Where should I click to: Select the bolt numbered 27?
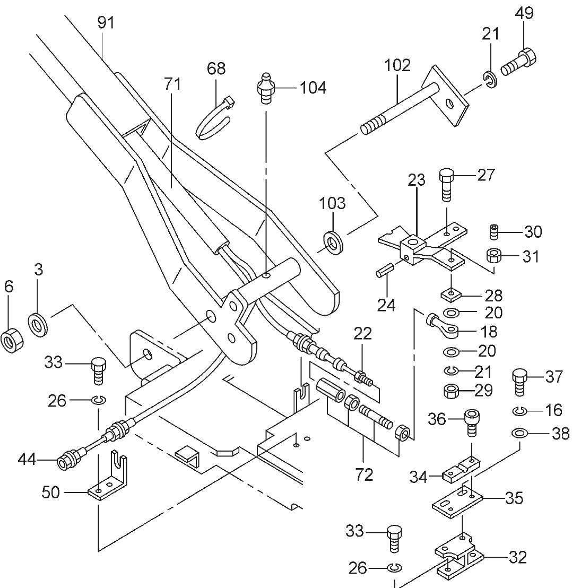[446, 184]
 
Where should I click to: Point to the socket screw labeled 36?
[471, 421]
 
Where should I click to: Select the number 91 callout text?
[106, 23]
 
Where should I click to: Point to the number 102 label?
[397, 65]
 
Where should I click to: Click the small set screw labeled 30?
[495, 232]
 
